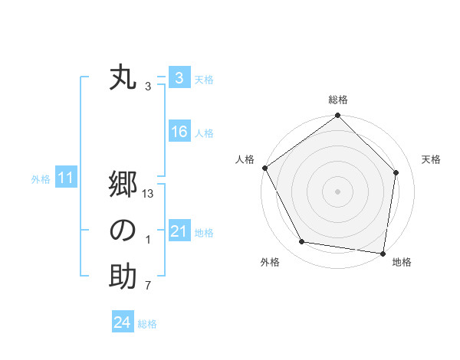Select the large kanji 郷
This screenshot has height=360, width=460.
click(123, 186)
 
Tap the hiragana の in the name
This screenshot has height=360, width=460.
click(123, 231)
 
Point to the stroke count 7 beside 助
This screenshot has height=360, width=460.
click(148, 286)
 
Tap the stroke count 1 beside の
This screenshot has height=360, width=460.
click(148, 240)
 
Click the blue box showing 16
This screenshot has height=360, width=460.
click(179, 132)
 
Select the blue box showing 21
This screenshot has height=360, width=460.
click(179, 231)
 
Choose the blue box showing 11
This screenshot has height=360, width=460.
click(66, 178)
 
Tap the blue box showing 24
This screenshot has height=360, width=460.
click(122, 322)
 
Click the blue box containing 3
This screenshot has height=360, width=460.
click(179, 78)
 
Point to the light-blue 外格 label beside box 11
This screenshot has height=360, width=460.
click(41, 179)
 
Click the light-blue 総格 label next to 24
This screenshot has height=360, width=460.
click(147, 324)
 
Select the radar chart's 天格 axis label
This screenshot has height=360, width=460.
click(431, 159)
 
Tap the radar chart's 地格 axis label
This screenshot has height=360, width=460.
click(402, 262)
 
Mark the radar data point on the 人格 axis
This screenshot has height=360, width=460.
click(264, 168)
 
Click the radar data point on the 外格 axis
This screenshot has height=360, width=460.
click(302, 242)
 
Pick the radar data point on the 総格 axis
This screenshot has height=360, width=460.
click(337, 116)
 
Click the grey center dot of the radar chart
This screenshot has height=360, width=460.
click(337, 191)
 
